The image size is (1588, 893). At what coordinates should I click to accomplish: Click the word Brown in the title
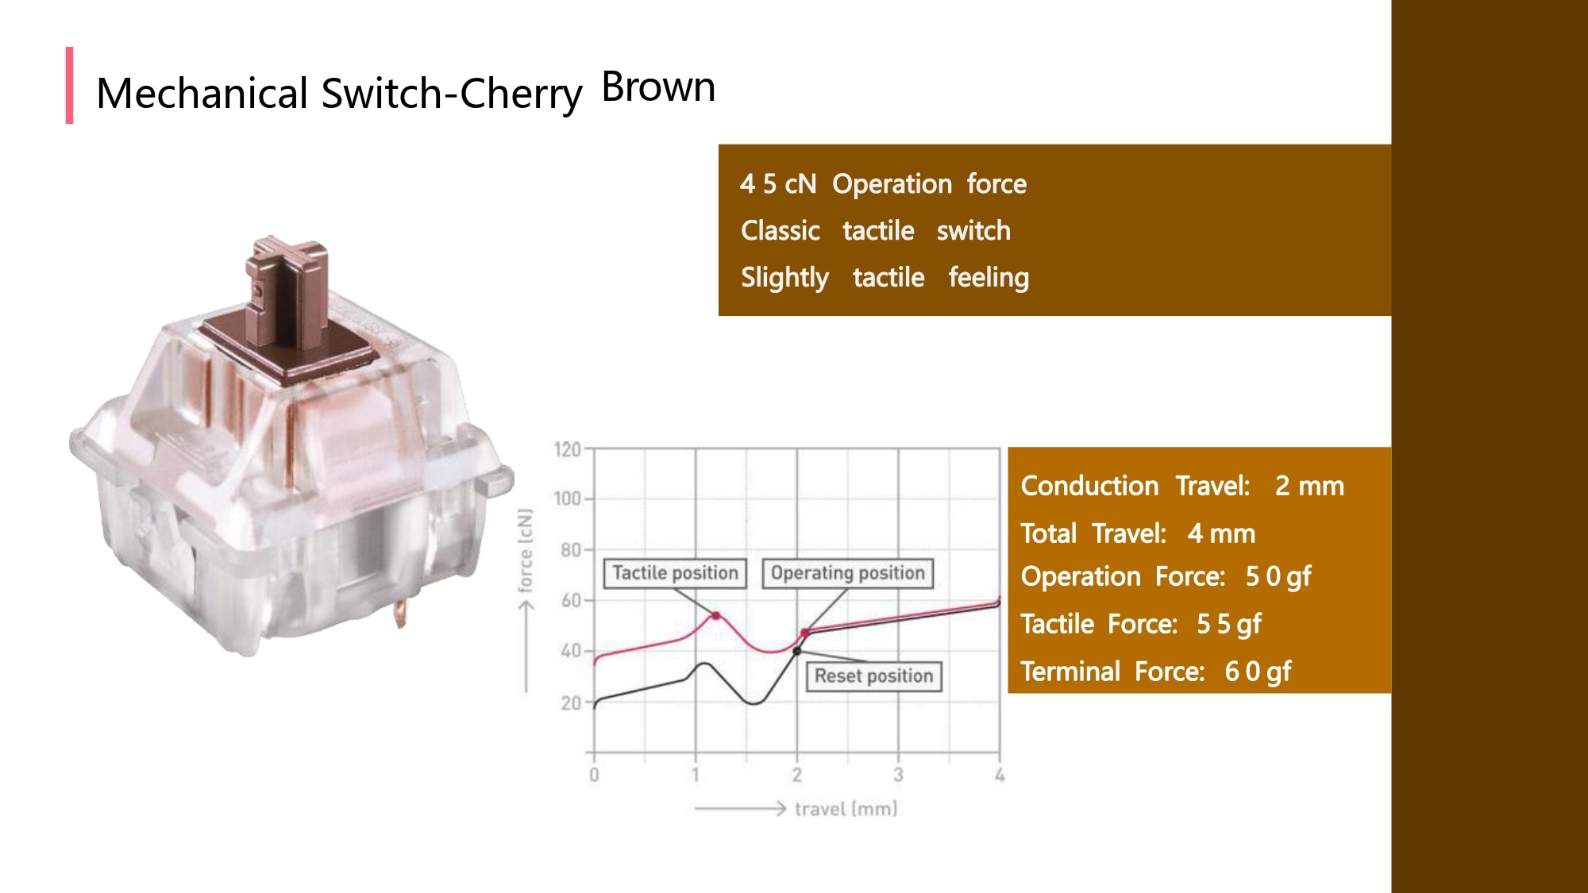[x=658, y=87]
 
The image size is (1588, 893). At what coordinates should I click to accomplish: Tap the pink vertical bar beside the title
[x=70, y=85]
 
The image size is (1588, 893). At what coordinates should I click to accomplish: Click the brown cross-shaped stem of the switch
[x=286, y=294]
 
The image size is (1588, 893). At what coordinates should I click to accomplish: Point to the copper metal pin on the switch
[x=400, y=614]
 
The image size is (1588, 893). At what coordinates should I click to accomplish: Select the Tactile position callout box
[x=675, y=573]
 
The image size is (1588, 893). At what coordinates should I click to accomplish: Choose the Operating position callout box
[x=847, y=573]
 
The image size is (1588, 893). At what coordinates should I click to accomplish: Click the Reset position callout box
[x=873, y=676]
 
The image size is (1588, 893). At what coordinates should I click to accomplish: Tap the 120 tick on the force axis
[x=568, y=450]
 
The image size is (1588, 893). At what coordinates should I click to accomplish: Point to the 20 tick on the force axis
[x=571, y=703]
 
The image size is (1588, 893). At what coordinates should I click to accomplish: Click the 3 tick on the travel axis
[x=898, y=775]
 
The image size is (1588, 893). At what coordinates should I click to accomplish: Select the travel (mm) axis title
[x=846, y=809]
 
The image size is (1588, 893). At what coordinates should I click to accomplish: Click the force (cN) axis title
[x=525, y=551]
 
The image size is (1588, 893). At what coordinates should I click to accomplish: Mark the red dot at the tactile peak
[x=716, y=616]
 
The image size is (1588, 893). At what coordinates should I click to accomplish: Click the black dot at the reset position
[x=797, y=651]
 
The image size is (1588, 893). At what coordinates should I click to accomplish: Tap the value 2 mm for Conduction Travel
[x=1309, y=486]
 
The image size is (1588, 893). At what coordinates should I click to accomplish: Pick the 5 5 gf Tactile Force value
[x=1228, y=625]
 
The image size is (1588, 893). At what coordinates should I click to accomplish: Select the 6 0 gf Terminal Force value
[x=1258, y=672]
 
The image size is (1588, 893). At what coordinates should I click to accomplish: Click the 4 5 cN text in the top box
[x=778, y=184]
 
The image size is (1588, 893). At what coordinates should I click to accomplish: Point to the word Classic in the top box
[x=781, y=231]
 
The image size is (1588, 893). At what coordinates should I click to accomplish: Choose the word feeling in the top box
[x=989, y=278]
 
